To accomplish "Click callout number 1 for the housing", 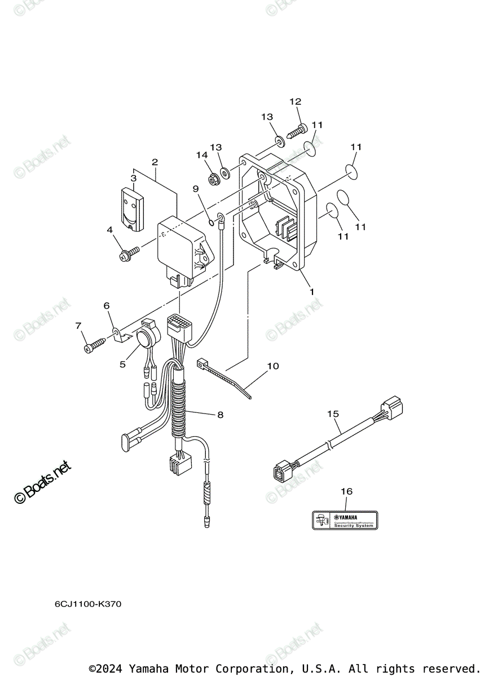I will [311, 292].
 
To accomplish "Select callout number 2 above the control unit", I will [155, 162].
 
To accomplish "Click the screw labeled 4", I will [128, 254].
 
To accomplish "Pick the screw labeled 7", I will [94, 346].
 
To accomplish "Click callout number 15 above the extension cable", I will [333, 414].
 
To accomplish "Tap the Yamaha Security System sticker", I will [345, 519].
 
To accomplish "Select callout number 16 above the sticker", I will [346, 491].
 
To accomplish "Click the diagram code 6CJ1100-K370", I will [87, 604].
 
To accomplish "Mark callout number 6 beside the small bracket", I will [106, 306].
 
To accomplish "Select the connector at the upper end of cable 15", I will [391, 408].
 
